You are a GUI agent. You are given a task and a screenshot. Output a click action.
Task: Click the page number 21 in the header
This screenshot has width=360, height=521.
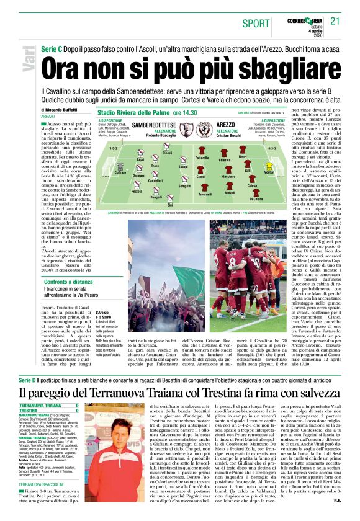(336, 20)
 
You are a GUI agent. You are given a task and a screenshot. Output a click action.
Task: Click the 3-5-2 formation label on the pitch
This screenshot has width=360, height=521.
(114, 149)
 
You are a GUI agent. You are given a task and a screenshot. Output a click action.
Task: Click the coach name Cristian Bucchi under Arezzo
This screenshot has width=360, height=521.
(228, 135)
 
